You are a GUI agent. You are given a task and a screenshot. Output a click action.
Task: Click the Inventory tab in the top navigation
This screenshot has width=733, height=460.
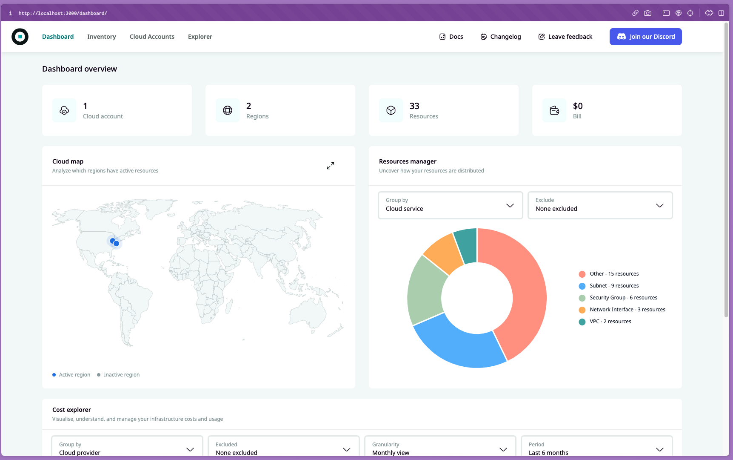pos(101,37)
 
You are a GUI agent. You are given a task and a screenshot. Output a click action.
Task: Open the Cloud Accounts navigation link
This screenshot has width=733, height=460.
pos(152,37)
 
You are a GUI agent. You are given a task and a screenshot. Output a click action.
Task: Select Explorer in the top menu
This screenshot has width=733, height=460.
pos(200,37)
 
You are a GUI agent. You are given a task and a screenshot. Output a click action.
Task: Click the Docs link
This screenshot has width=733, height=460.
pos(451,37)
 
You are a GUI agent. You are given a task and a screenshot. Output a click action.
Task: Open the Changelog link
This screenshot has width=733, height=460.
pos(500,37)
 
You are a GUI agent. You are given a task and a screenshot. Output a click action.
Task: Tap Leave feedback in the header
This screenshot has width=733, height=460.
pos(565,37)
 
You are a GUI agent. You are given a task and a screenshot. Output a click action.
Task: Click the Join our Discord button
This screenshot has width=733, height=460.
pos(645,37)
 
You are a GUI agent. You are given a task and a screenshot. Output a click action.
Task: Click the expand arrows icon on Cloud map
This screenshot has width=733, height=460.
pos(331,166)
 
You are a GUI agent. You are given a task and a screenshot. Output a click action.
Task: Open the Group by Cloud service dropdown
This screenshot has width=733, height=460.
pos(450,205)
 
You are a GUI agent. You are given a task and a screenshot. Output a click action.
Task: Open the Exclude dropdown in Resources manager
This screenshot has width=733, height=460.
pos(600,205)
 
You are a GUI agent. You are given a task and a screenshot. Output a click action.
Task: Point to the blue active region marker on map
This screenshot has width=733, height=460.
pos(116,244)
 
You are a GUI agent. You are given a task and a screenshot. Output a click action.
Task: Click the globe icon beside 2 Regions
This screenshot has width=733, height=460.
pos(228,110)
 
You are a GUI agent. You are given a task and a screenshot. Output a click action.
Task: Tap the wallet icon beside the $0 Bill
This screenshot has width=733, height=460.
pos(554,110)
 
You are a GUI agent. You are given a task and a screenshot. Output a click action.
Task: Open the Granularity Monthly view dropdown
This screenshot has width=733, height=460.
pos(440,448)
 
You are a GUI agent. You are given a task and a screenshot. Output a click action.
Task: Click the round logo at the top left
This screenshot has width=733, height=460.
pos(20,37)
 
